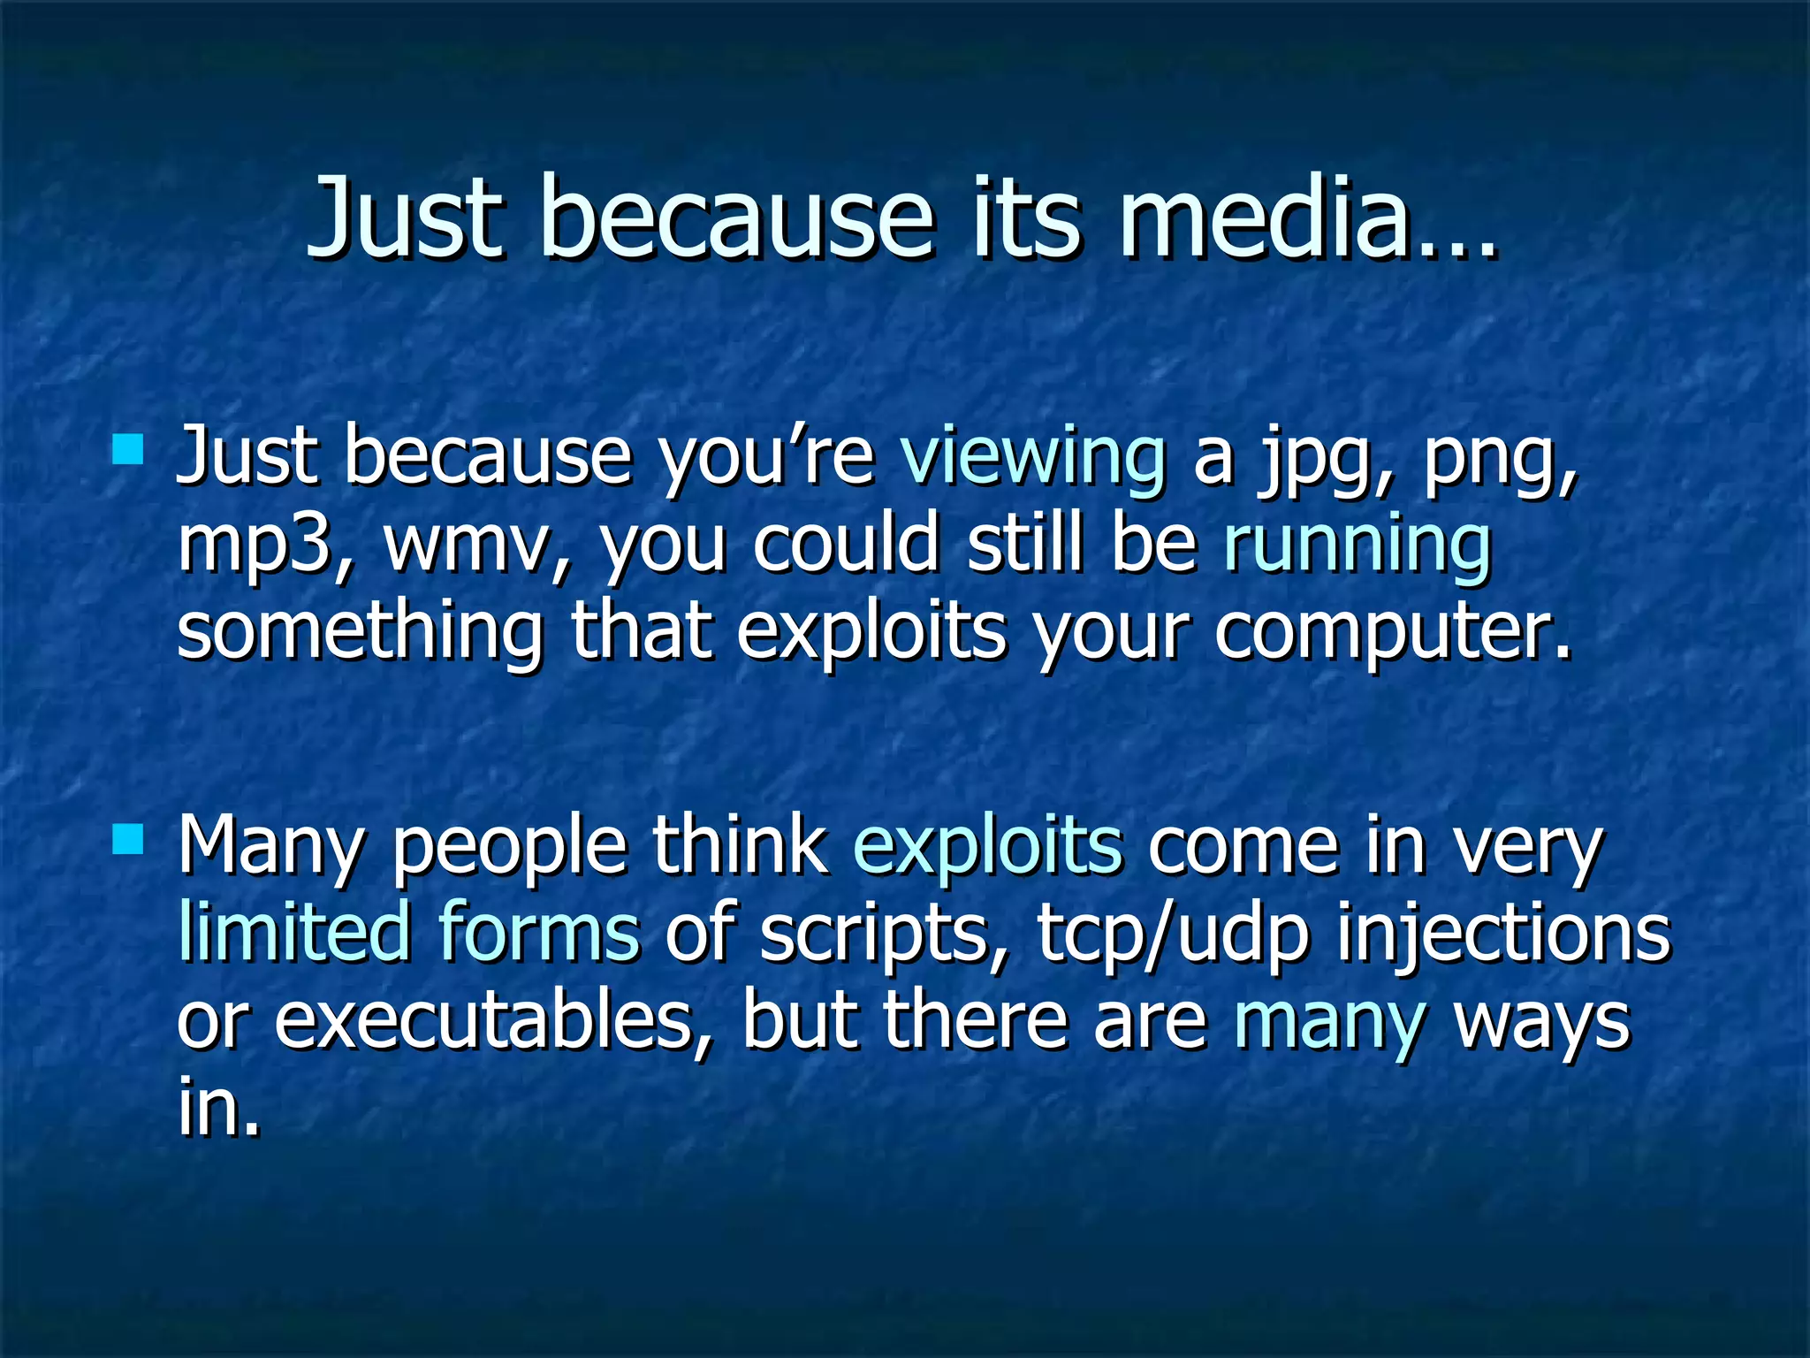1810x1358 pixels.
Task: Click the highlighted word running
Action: point(1357,546)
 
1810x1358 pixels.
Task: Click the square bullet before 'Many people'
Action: point(129,838)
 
